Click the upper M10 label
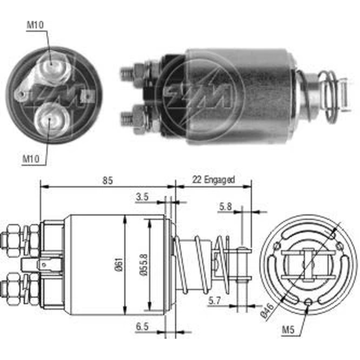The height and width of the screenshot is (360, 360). click(x=35, y=25)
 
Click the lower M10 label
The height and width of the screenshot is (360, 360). click(x=31, y=159)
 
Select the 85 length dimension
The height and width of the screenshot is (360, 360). click(x=107, y=180)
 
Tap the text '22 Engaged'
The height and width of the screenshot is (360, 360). click(x=213, y=180)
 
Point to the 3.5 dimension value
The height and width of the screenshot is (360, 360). click(x=142, y=197)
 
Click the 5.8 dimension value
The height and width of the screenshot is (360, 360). click(x=225, y=207)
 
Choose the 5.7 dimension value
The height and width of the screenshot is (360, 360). click(x=215, y=301)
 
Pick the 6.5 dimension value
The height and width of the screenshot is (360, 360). click(x=142, y=327)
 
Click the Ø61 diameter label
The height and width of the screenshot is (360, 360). click(x=119, y=265)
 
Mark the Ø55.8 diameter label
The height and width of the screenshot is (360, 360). click(x=144, y=265)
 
